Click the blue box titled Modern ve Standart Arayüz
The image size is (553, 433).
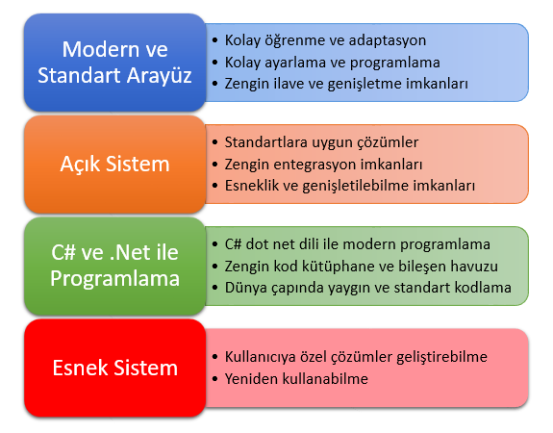click(x=115, y=63)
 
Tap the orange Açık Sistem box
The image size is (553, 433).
click(x=115, y=165)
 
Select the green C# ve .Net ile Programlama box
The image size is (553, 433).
click(x=115, y=267)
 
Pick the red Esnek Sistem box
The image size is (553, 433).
click(x=115, y=368)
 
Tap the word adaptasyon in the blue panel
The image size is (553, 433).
click(x=388, y=41)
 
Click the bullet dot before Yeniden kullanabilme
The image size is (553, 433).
click(x=215, y=379)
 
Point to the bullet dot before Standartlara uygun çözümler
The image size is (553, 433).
click(x=215, y=142)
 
